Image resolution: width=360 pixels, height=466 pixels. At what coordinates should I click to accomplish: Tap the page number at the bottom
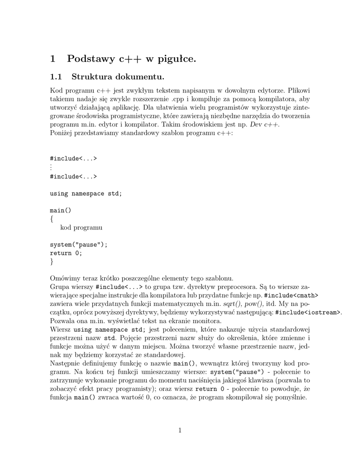click(180, 430)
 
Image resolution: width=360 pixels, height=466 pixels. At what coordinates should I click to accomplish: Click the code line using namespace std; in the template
click(86, 193)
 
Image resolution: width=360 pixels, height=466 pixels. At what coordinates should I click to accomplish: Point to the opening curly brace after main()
click(52, 219)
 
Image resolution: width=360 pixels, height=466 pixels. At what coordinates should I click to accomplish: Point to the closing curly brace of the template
click(52, 262)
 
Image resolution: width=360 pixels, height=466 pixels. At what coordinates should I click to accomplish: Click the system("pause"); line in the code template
click(79, 244)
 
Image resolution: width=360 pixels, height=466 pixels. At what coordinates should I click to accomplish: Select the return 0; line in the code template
click(66, 253)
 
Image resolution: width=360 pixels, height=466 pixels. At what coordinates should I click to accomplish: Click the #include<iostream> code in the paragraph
click(308, 313)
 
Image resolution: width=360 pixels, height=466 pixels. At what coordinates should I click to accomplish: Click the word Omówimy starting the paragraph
click(64, 278)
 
